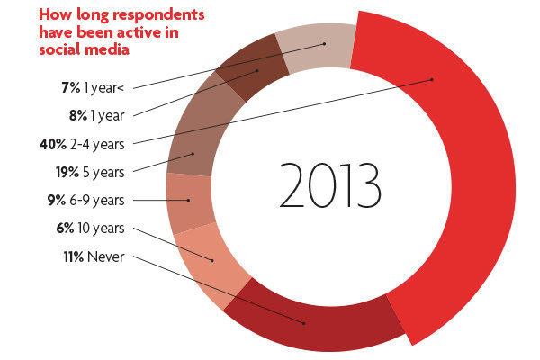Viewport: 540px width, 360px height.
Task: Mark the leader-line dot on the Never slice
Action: coord(305,322)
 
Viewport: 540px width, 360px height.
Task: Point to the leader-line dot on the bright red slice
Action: coord(433,80)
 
